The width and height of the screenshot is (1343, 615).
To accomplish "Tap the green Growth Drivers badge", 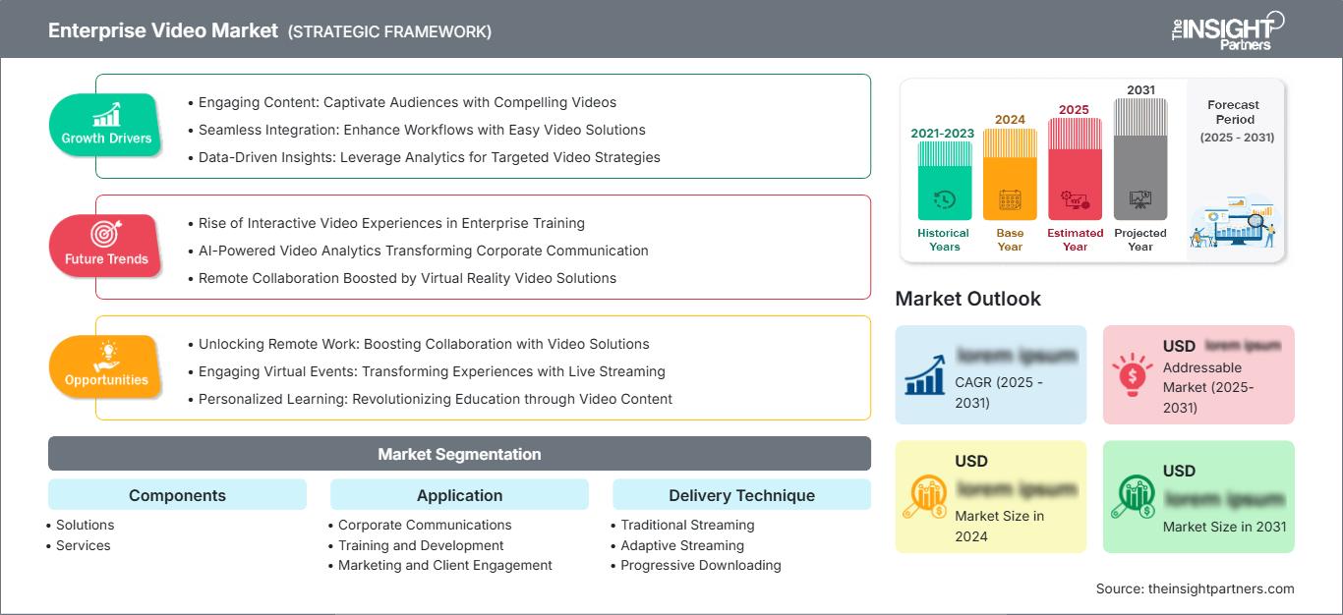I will click(x=106, y=126).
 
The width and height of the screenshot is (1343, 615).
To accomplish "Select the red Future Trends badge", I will click(x=105, y=247).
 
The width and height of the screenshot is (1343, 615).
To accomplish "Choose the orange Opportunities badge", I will click(x=106, y=367).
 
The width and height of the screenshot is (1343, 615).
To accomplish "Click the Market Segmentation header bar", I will click(x=459, y=454).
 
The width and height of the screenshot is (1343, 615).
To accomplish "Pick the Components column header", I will click(x=177, y=495).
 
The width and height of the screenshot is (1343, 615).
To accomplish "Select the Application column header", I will click(x=459, y=495).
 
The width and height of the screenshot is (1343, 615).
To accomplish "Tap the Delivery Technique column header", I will click(x=741, y=495).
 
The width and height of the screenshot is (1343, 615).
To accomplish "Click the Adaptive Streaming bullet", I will click(x=682, y=545).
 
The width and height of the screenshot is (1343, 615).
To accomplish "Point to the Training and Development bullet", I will click(x=421, y=545).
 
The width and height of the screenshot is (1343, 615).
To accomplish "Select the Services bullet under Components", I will click(x=84, y=545).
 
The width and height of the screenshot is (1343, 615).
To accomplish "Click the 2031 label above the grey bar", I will click(x=1140, y=90).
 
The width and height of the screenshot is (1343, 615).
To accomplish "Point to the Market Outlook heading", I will click(x=967, y=299).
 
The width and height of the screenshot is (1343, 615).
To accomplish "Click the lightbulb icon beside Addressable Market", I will click(x=1132, y=374).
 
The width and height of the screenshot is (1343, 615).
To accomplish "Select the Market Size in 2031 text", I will click(x=1224, y=527).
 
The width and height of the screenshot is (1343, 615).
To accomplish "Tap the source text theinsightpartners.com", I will click(x=1196, y=588).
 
